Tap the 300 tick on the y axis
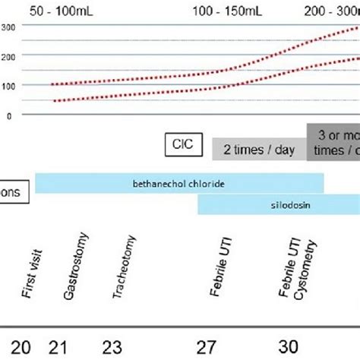[9, 27]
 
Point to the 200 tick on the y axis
[9, 56]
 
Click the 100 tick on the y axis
[9, 85]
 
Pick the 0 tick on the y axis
[9, 115]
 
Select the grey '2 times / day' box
[259, 150]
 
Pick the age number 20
[21, 347]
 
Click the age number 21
[58, 347]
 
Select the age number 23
[112, 347]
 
